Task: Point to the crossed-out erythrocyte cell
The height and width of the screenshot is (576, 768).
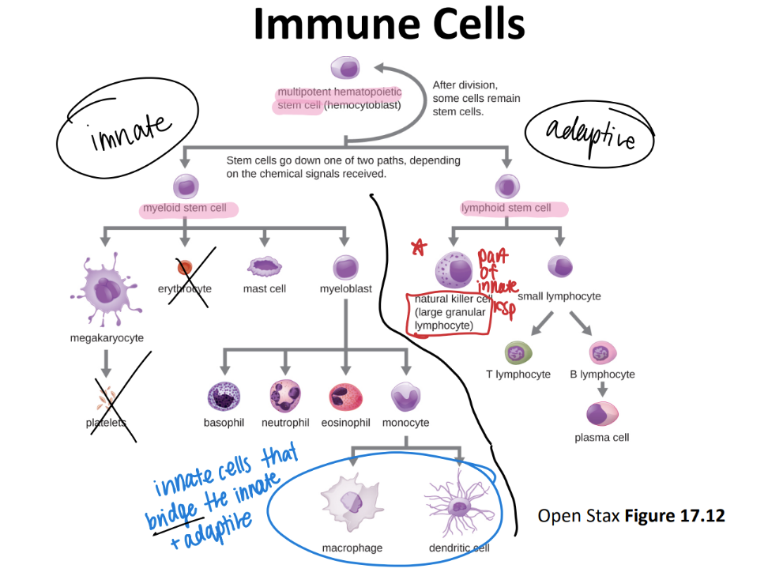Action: [x=185, y=268]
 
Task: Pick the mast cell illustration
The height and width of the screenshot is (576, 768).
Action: [x=265, y=266]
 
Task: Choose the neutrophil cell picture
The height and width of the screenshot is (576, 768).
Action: [x=284, y=395]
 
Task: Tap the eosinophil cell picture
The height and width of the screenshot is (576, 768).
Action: [x=345, y=396]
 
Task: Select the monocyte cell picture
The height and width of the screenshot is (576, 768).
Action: [x=406, y=396]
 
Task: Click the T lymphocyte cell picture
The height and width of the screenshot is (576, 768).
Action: [x=518, y=352]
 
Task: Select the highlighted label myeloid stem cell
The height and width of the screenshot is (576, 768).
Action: [x=185, y=209]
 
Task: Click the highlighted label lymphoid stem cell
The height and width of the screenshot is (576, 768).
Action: [x=506, y=208]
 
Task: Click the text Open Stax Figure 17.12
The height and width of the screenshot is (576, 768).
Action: [x=631, y=516]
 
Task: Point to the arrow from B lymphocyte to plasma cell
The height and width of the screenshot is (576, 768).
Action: [x=602, y=389]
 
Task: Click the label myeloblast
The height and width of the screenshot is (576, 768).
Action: [x=345, y=289]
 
